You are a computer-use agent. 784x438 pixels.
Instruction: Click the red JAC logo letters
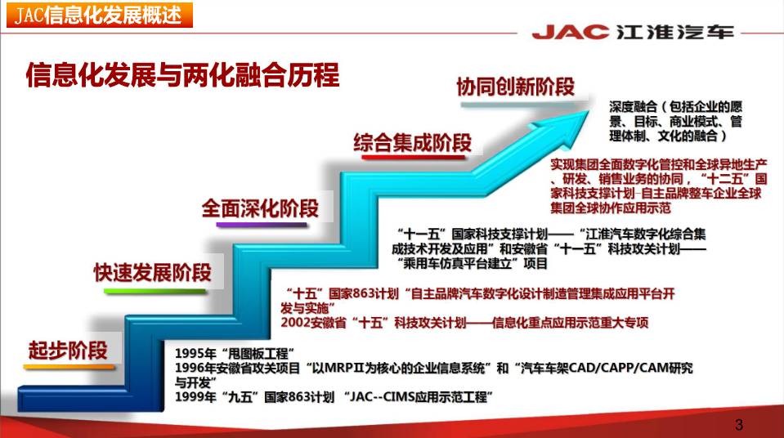tap(571, 32)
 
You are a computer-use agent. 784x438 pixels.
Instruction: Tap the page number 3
tap(739, 425)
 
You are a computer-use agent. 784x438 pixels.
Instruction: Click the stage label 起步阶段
tap(68, 350)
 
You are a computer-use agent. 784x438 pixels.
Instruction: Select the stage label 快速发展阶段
tap(153, 272)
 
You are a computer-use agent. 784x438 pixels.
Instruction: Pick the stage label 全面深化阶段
tap(260, 208)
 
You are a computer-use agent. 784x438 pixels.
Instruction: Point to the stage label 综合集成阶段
tap(413, 142)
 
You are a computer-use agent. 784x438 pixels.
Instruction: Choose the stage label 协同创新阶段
tap(516, 87)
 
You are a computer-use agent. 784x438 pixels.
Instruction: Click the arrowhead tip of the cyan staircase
tap(589, 111)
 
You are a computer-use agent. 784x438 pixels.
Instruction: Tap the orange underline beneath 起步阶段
tap(69, 367)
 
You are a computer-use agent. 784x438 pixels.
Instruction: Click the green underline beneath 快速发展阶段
tap(155, 291)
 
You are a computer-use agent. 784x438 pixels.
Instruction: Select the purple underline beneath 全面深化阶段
tap(262, 225)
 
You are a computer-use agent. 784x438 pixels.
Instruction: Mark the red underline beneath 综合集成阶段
tap(414, 158)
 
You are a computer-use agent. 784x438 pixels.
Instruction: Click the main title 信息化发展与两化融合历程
tap(182, 75)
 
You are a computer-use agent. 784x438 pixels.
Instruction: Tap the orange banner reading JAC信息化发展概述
tap(100, 15)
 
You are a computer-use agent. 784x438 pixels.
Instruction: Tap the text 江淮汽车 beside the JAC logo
tap(675, 32)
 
